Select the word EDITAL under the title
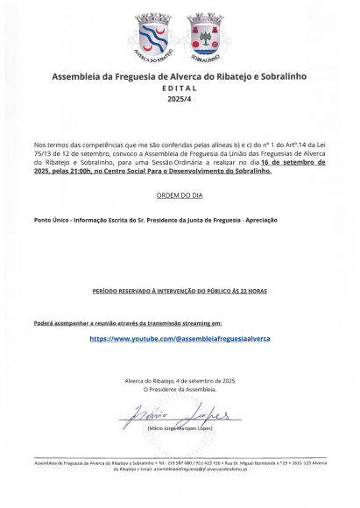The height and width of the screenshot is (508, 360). coord(180,89)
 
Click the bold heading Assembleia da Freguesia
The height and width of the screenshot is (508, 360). coord(180,77)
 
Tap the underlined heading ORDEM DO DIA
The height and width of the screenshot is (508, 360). coord(180,194)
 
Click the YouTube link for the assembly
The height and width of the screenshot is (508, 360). coord(180,338)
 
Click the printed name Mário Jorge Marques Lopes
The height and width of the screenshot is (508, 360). coord(180,429)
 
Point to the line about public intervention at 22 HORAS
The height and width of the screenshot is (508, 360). coord(180,288)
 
